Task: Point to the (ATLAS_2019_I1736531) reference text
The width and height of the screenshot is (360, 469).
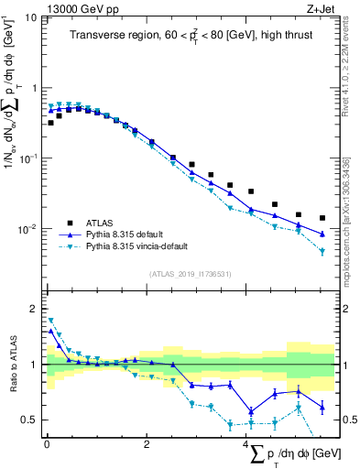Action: (x=190, y=273)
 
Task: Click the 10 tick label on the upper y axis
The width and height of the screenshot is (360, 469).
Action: (x=30, y=18)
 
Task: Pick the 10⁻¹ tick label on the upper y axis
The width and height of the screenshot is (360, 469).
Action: (x=27, y=158)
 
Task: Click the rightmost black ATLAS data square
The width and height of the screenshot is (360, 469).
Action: (x=322, y=218)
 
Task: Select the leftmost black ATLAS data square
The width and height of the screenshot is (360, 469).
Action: (x=50, y=122)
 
